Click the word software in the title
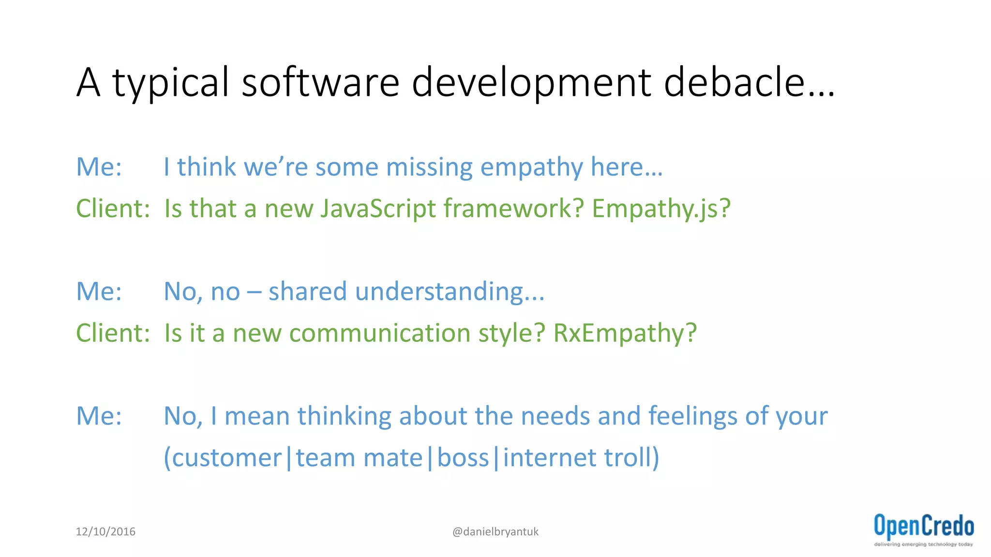click(320, 82)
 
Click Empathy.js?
click(661, 209)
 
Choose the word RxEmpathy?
click(625, 333)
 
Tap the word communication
click(379, 333)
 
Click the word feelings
click(692, 416)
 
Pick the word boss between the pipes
click(463, 457)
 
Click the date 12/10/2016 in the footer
click(105, 531)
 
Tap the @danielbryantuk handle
click(495, 532)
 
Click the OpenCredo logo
click(923, 530)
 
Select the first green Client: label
click(113, 209)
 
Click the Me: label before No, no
click(99, 292)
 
